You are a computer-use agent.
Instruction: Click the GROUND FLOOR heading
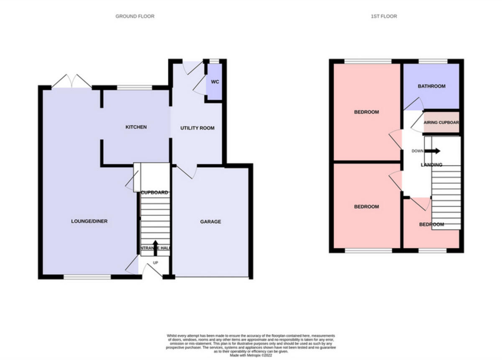coord(135,16)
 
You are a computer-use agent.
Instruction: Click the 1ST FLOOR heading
coord(384,16)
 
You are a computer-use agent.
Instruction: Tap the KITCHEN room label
coord(136,127)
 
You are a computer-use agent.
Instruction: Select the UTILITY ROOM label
coord(197,128)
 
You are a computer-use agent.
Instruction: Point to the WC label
coord(215,82)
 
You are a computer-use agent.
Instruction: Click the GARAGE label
coord(210,221)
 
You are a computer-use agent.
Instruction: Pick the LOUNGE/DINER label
coord(89,221)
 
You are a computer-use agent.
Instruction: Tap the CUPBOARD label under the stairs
coord(155,193)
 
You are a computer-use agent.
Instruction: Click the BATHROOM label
coord(431,86)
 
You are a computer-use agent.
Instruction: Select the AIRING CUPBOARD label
coord(441,123)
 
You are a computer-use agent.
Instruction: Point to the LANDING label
coord(431,165)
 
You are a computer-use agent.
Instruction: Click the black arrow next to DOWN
coord(433,151)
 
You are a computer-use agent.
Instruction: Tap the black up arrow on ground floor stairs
coord(155,245)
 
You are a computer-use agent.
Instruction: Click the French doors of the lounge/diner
coord(71,82)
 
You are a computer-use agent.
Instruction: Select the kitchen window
coord(134,87)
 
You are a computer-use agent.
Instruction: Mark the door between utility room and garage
coord(187,171)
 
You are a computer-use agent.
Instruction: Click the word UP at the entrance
coord(155,263)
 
